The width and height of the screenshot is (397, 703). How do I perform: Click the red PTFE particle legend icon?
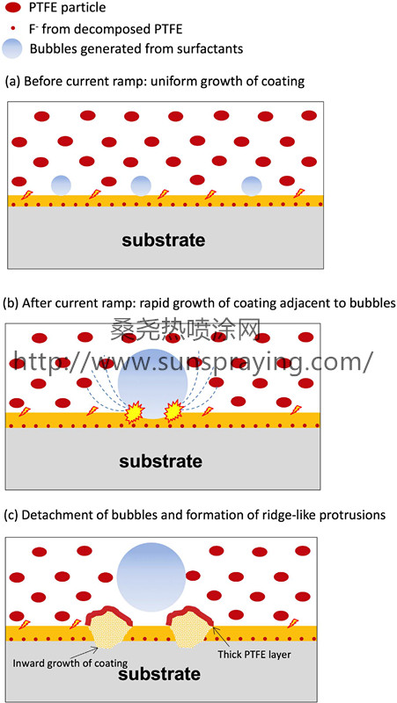click(x=11, y=9)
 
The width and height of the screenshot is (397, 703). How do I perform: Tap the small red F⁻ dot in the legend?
click(x=12, y=29)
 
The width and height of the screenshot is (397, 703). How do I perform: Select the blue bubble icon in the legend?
click(x=12, y=48)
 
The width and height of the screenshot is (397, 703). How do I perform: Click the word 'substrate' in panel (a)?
click(x=164, y=240)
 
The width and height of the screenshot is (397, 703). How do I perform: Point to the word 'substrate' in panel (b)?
click(x=161, y=460)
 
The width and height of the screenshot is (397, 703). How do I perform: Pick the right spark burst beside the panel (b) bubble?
click(x=174, y=412)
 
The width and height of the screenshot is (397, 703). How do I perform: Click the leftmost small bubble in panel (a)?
click(x=61, y=185)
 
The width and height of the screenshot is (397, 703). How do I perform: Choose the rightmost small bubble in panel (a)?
click(x=252, y=185)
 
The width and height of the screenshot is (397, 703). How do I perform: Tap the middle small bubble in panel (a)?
click(x=141, y=185)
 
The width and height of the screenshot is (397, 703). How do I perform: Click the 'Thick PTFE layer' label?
click(x=254, y=655)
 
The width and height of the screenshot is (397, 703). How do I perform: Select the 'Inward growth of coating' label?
click(x=70, y=663)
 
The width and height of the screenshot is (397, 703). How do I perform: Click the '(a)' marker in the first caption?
click(x=12, y=82)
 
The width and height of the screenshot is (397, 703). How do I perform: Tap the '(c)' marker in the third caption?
click(x=11, y=515)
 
